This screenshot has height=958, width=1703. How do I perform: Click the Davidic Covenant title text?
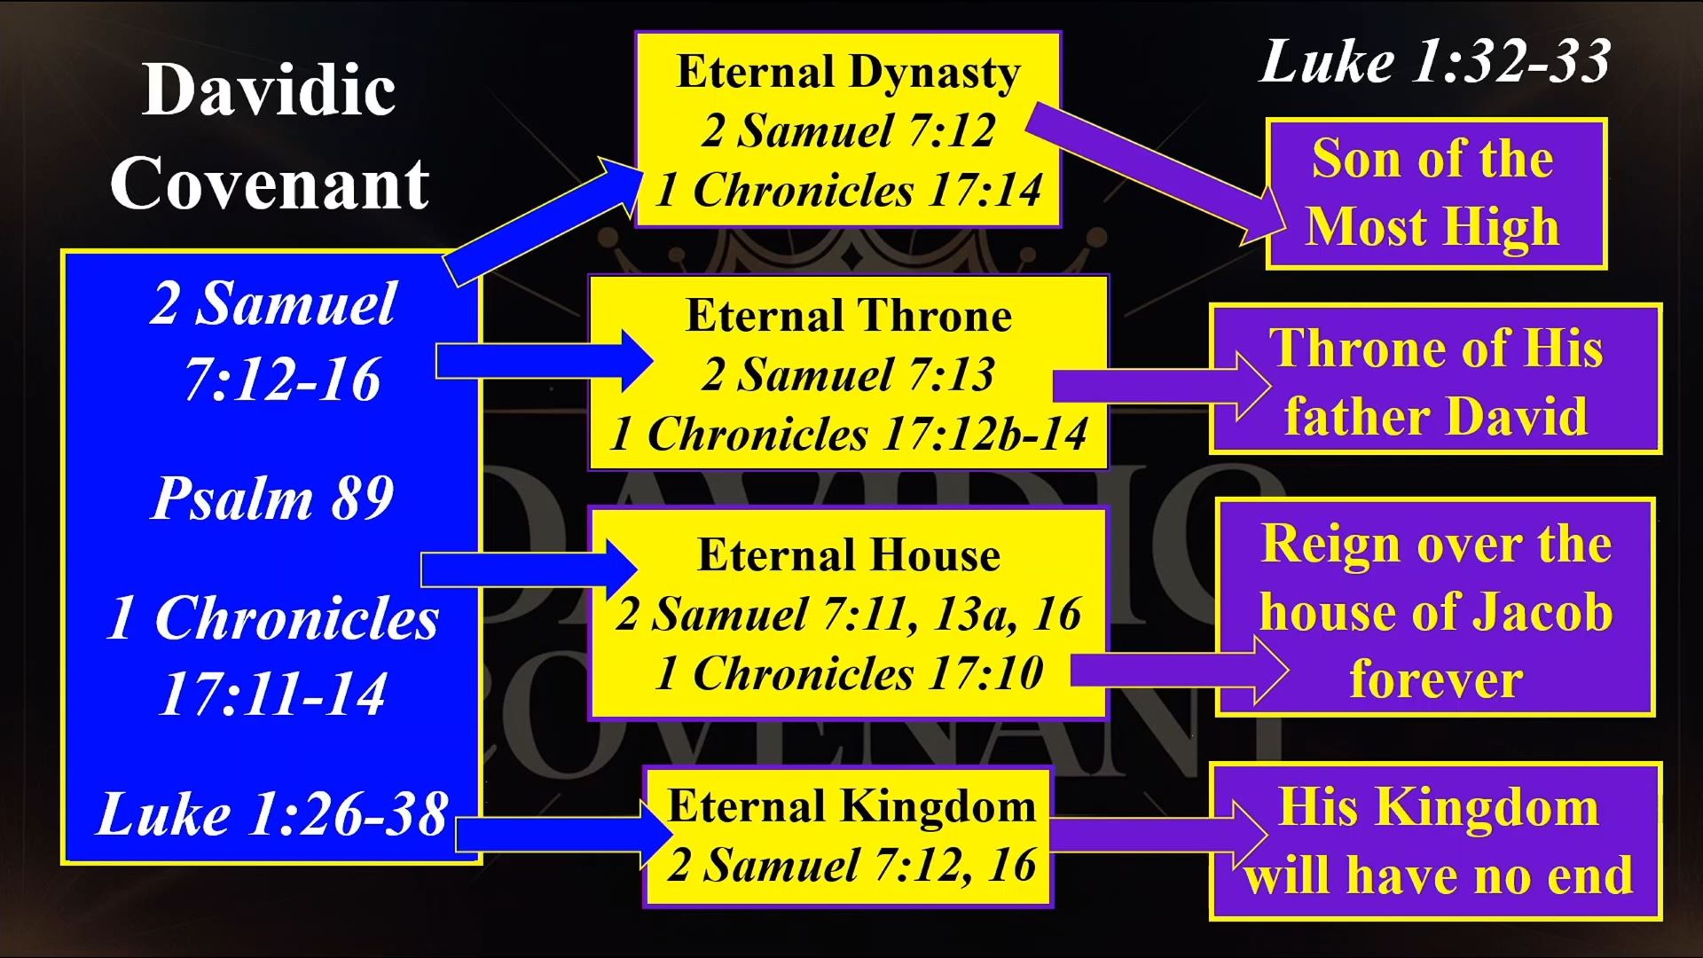point(270,137)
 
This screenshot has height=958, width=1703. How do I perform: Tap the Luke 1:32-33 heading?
point(1434,62)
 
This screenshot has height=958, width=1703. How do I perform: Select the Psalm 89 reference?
point(273,498)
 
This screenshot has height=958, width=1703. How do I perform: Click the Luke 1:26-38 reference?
point(272,813)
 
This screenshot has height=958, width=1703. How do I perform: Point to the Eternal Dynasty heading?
point(848,73)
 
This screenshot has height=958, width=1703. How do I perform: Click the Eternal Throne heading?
point(849,316)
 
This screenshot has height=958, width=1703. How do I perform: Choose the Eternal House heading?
point(849,555)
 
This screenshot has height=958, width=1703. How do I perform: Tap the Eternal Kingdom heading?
point(851,806)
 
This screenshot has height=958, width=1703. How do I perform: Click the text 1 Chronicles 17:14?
point(849,190)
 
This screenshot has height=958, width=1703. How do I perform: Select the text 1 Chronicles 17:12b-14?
point(849,434)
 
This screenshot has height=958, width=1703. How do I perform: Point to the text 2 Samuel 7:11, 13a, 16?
point(849,614)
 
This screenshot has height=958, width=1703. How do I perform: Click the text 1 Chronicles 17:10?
point(849,672)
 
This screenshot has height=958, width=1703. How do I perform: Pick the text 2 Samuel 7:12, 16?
point(851,864)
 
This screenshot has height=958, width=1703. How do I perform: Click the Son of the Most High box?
point(1436,193)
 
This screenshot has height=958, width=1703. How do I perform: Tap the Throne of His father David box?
point(1435,380)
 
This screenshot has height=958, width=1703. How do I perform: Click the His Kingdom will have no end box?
point(1435,841)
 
